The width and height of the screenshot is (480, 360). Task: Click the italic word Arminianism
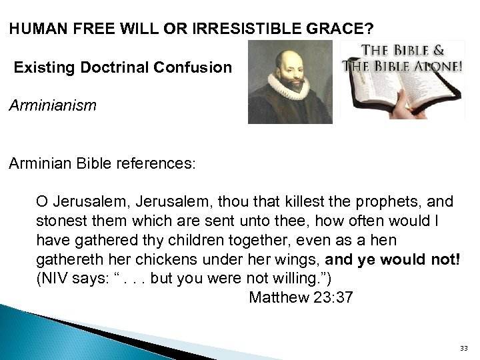53,105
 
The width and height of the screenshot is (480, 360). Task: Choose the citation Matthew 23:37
301,297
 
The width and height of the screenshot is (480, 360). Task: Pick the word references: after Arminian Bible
157,164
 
